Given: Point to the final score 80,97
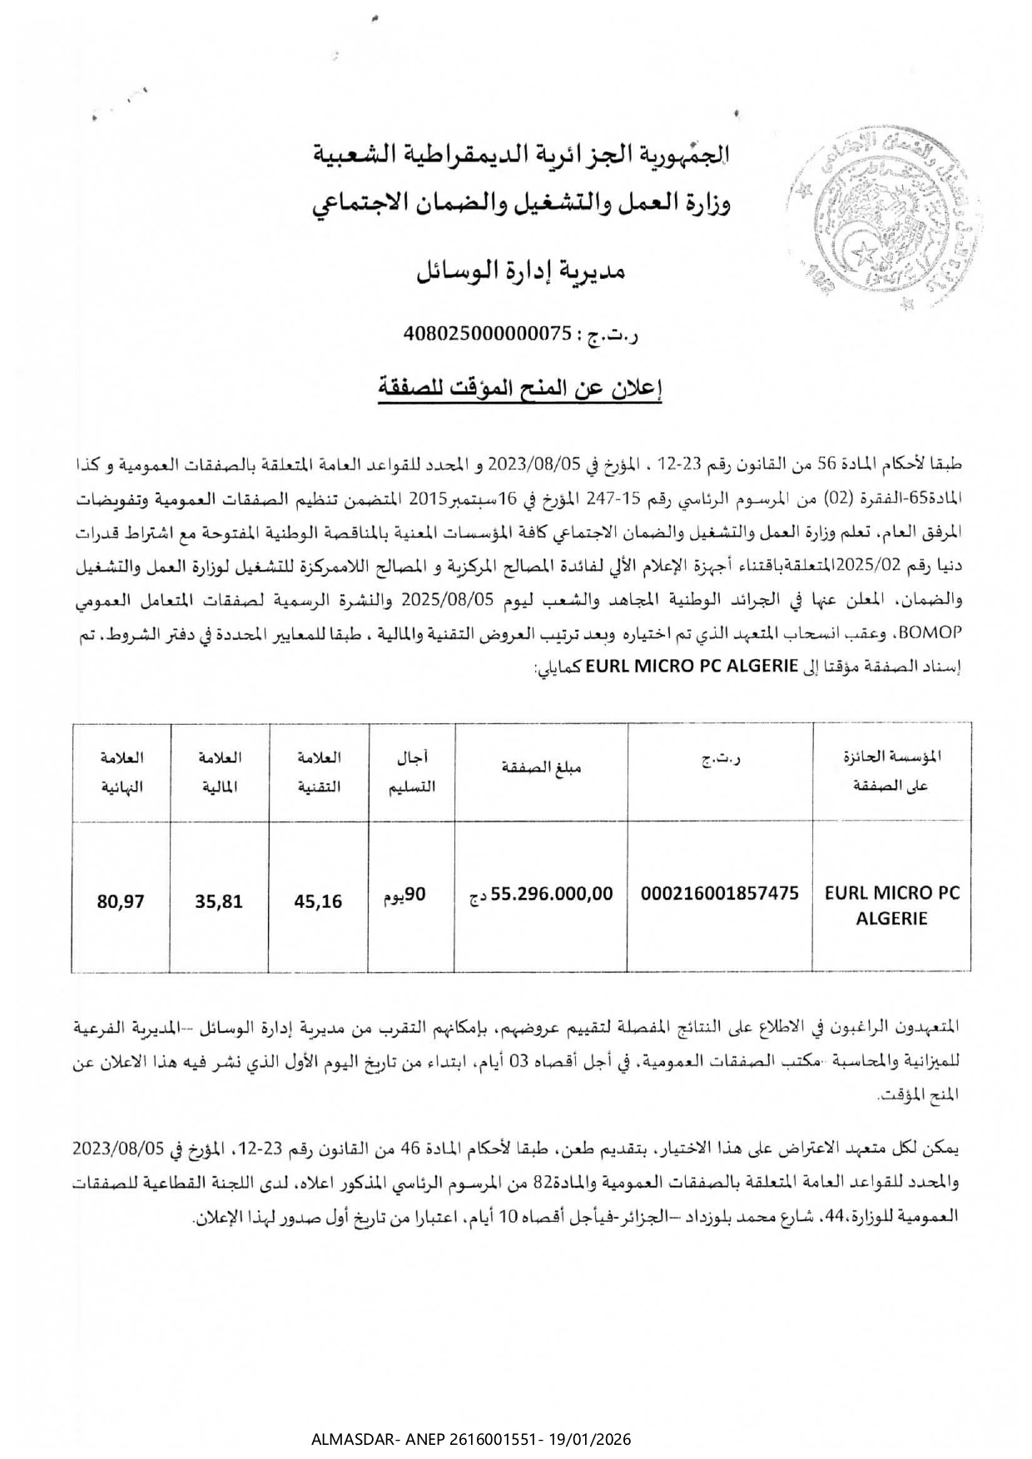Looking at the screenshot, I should coord(121,901).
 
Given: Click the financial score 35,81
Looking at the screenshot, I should coord(220,901).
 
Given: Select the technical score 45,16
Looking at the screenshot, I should coord(319,901).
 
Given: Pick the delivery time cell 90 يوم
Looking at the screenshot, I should coord(404,896).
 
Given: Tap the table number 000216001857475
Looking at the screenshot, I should coord(719,894).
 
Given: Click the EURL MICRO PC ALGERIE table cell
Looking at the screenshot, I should coord(891,906).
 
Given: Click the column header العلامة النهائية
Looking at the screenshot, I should coord(122,772).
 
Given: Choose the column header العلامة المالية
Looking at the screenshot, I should coord(220,772).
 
